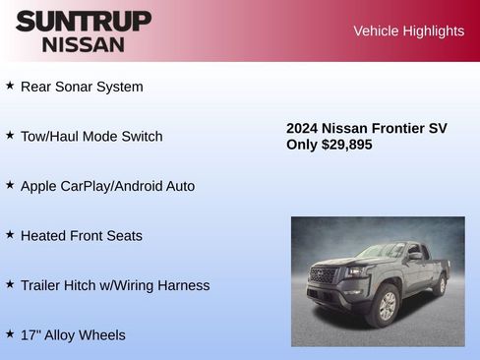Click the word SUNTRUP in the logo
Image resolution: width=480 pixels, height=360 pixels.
pyautogui.click(x=84, y=20)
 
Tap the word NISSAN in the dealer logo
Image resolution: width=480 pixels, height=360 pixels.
pyautogui.click(x=84, y=43)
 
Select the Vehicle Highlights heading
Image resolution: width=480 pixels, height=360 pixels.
pyautogui.click(x=408, y=31)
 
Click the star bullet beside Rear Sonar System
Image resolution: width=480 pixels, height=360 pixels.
pyautogui.click(x=10, y=86)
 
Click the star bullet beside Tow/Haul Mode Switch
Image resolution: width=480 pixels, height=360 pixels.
pyautogui.click(x=10, y=135)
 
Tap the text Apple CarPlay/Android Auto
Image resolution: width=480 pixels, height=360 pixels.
pyautogui.click(x=107, y=186)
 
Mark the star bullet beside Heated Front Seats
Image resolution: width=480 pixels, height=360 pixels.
pyautogui.click(x=10, y=234)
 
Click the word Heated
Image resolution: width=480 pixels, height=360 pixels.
pyautogui.click(x=44, y=236)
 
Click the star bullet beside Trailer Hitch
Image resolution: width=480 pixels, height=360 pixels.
pyautogui.click(x=10, y=284)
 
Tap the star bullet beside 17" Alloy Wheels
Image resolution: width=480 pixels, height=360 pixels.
pyautogui.click(x=10, y=333)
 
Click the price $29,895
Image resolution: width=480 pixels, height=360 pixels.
pyautogui.click(x=346, y=145)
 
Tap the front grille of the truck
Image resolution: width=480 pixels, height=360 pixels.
pyautogui.click(x=323, y=276)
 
